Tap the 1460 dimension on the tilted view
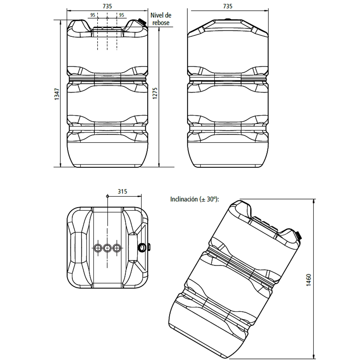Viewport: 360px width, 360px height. [x=309, y=280]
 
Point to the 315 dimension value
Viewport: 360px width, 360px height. [x=122, y=191]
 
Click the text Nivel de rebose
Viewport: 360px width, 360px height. [x=161, y=19]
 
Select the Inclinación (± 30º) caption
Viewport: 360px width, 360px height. [x=195, y=199]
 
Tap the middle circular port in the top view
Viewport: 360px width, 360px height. [x=107, y=248]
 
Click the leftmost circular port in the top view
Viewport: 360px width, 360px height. [x=97, y=248]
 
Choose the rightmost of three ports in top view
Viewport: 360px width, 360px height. [x=117, y=248]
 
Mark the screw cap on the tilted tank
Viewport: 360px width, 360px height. [x=298, y=235]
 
